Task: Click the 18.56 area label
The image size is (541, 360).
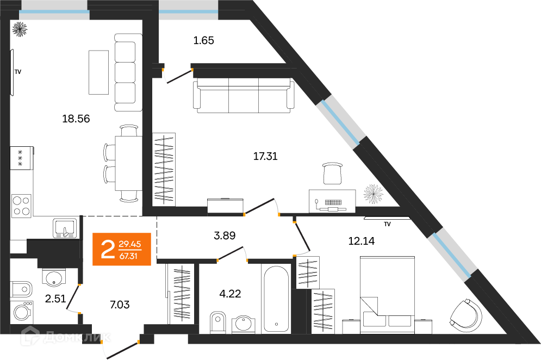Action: [x=76, y=119]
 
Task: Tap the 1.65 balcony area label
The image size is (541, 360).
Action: [x=203, y=41]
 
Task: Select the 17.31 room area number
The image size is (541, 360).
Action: [x=265, y=157]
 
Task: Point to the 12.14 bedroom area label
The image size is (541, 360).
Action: [x=361, y=241]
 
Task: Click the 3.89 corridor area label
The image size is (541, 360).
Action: [x=225, y=236]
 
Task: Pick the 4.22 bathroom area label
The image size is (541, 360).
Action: [x=230, y=294]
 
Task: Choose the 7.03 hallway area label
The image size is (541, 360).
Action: [x=120, y=305]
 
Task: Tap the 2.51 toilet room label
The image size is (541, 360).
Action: [x=55, y=299]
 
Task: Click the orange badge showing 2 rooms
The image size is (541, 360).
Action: [x=122, y=249]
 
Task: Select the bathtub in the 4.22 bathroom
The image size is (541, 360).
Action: [x=276, y=299]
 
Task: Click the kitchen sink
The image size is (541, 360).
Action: [x=66, y=228]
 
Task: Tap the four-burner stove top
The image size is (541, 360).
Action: [x=21, y=206]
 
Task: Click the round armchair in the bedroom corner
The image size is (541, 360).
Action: [x=466, y=315]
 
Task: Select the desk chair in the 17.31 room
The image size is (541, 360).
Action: [x=333, y=173]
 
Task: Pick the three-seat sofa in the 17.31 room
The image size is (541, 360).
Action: [x=244, y=95]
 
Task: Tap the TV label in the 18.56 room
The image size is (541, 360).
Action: [x=17, y=72]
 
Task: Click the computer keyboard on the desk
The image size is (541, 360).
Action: [x=333, y=202]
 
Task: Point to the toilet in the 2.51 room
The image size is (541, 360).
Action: [x=21, y=289]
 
